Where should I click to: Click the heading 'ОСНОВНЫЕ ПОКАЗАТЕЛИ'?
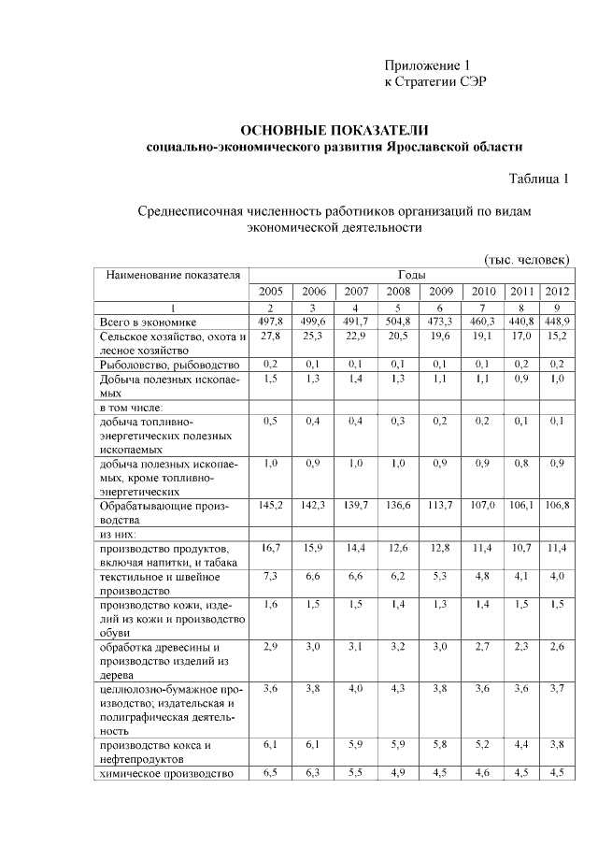point(335,129)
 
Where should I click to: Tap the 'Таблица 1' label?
point(538,179)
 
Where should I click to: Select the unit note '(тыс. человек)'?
point(526,258)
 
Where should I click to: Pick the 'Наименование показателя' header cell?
point(173,275)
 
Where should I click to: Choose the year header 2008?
point(398,292)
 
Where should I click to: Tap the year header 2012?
point(557,292)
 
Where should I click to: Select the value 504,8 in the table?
point(398,322)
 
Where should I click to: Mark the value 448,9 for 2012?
point(557,322)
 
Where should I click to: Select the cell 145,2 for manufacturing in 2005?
point(271,505)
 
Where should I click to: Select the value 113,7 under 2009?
point(440,505)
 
